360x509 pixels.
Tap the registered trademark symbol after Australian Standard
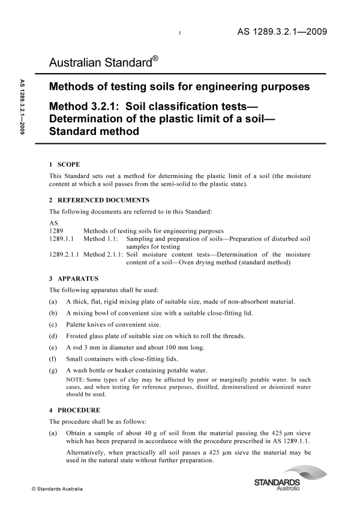tap(155, 59)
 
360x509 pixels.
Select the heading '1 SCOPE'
tap(64, 164)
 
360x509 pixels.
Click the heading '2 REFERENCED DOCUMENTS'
tap(99, 200)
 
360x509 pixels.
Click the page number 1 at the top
tap(180, 34)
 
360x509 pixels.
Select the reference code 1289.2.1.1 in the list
tap(64, 255)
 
